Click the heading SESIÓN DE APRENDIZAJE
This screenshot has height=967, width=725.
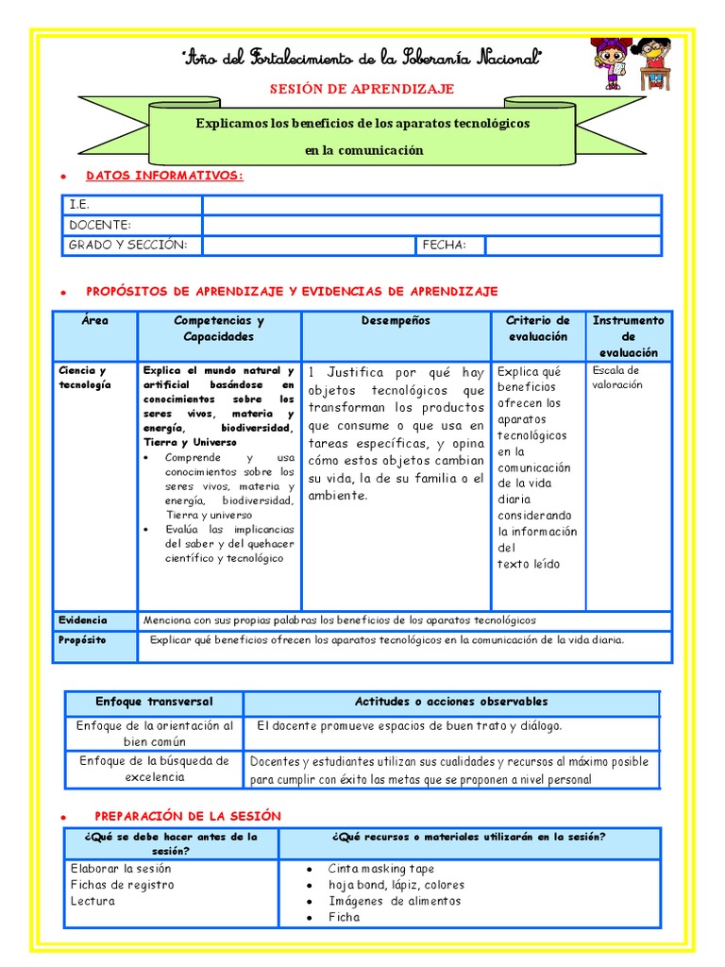tap(362, 89)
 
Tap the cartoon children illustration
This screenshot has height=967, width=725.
tap(631, 64)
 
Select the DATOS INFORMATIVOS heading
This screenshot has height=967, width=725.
tap(164, 176)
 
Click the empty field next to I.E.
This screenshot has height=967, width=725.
tap(431, 205)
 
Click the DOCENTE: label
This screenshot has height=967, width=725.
tap(100, 225)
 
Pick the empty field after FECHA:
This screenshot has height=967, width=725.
tap(573, 245)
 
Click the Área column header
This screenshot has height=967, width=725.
tap(94, 321)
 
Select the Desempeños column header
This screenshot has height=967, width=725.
tap(396, 321)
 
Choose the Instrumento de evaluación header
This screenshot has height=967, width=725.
tap(628, 336)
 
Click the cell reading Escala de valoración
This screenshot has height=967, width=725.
tap(616, 377)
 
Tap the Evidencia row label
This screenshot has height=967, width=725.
tap(83, 620)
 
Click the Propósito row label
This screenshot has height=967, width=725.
tap(83, 640)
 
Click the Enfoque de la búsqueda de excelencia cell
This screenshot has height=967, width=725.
tap(154, 769)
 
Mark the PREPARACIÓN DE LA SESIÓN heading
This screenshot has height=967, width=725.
tap(188, 816)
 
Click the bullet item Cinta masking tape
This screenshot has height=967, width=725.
tap(381, 869)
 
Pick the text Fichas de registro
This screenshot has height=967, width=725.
tap(122, 885)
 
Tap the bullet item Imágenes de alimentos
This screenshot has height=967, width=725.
tap(395, 901)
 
